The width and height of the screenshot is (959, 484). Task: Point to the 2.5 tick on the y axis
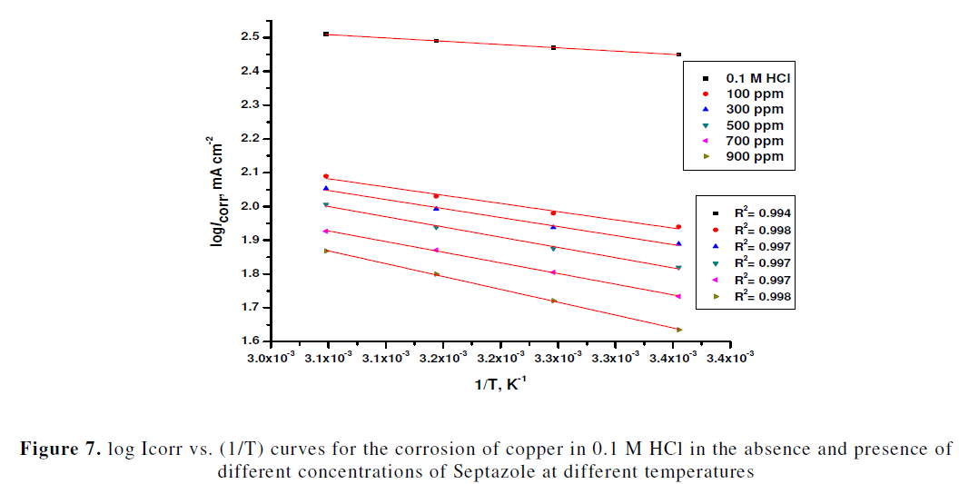coord(250,37)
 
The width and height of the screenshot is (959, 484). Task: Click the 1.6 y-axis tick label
coord(250,341)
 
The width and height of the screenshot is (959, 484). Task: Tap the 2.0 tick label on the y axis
coord(250,206)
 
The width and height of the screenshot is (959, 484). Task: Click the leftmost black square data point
coord(326,34)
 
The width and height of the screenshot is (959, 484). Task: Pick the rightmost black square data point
coord(678,54)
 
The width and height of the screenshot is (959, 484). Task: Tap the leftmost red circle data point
coord(326,176)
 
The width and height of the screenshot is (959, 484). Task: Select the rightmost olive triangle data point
coord(678,330)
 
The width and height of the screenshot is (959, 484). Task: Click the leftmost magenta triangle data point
coord(326,231)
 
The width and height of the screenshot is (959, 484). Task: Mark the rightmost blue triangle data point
coord(678,243)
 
